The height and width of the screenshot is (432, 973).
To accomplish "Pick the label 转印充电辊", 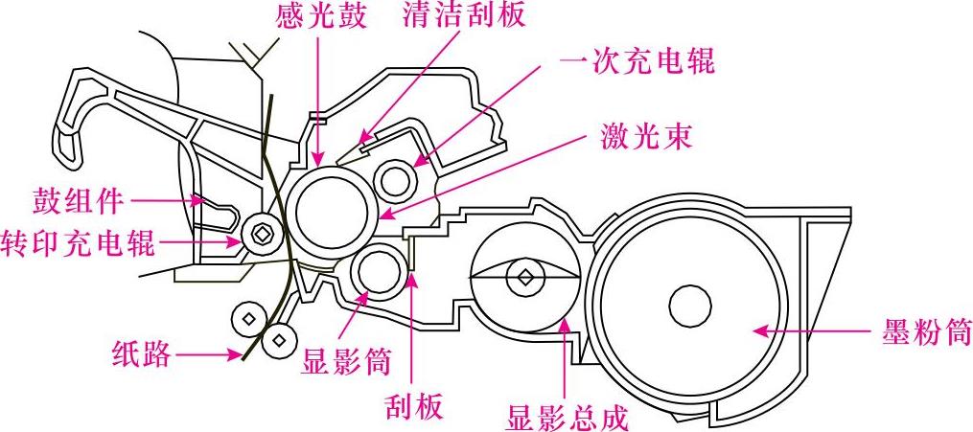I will coord(78,241).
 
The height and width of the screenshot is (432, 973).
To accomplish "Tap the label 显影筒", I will coord(346,361).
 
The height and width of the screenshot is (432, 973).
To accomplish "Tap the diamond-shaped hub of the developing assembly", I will coord(524,278).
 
